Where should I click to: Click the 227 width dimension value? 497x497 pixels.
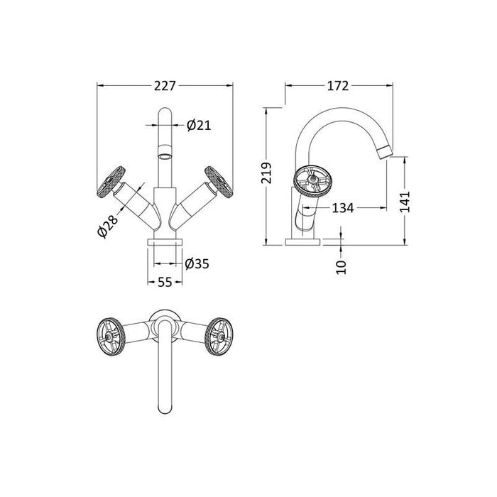[x=165, y=86]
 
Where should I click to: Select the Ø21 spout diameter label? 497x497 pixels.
[x=199, y=126]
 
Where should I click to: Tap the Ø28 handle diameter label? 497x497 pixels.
[x=107, y=226]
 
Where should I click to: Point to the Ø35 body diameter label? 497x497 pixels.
[x=197, y=263]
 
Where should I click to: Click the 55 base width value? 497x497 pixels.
[x=165, y=282]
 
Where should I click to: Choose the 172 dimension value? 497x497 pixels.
[x=338, y=86]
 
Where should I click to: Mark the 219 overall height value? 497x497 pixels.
[x=266, y=173]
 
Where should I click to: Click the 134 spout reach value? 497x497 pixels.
[x=343, y=208]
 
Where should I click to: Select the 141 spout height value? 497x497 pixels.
[x=405, y=202]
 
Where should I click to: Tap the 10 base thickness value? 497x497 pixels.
[x=341, y=267]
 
